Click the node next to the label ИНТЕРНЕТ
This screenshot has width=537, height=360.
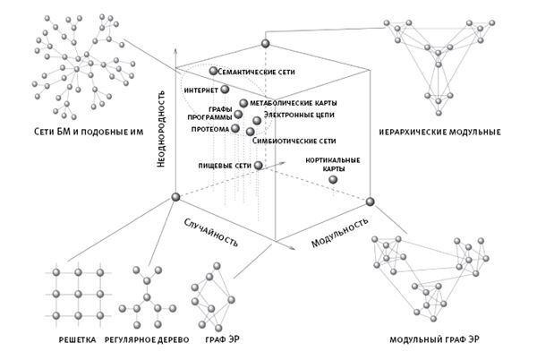[x=225, y=90]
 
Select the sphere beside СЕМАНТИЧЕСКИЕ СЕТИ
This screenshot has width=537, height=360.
[x=213, y=71]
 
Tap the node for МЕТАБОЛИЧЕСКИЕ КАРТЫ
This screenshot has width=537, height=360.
[x=243, y=103]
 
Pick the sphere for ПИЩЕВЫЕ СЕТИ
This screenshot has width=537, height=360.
[x=259, y=166]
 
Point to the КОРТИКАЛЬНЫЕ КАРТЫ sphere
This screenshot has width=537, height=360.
[x=333, y=179]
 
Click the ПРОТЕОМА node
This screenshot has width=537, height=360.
[x=235, y=128]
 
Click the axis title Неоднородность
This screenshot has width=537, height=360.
[x=160, y=129]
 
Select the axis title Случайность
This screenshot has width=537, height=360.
[x=211, y=232]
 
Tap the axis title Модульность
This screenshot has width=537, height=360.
[x=339, y=232]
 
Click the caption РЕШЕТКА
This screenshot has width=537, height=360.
[x=77, y=339]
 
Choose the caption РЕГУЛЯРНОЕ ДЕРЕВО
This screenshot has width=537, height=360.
[x=147, y=339]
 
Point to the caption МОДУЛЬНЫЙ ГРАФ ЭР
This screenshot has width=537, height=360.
[x=435, y=339]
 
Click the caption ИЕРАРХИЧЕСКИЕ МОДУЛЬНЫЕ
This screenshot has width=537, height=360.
[x=439, y=133]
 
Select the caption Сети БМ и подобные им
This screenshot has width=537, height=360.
[x=89, y=132]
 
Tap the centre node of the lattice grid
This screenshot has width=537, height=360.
[x=79, y=294]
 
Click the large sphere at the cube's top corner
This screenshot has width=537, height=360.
[x=266, y=44]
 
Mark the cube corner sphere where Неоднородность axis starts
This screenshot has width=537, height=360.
[x=175, y=197]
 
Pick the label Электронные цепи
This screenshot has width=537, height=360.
[x=299, y=116]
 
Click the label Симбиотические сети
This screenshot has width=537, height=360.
[x=294, y=141]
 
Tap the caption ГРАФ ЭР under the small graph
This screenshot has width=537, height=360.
[x=222, y=339]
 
